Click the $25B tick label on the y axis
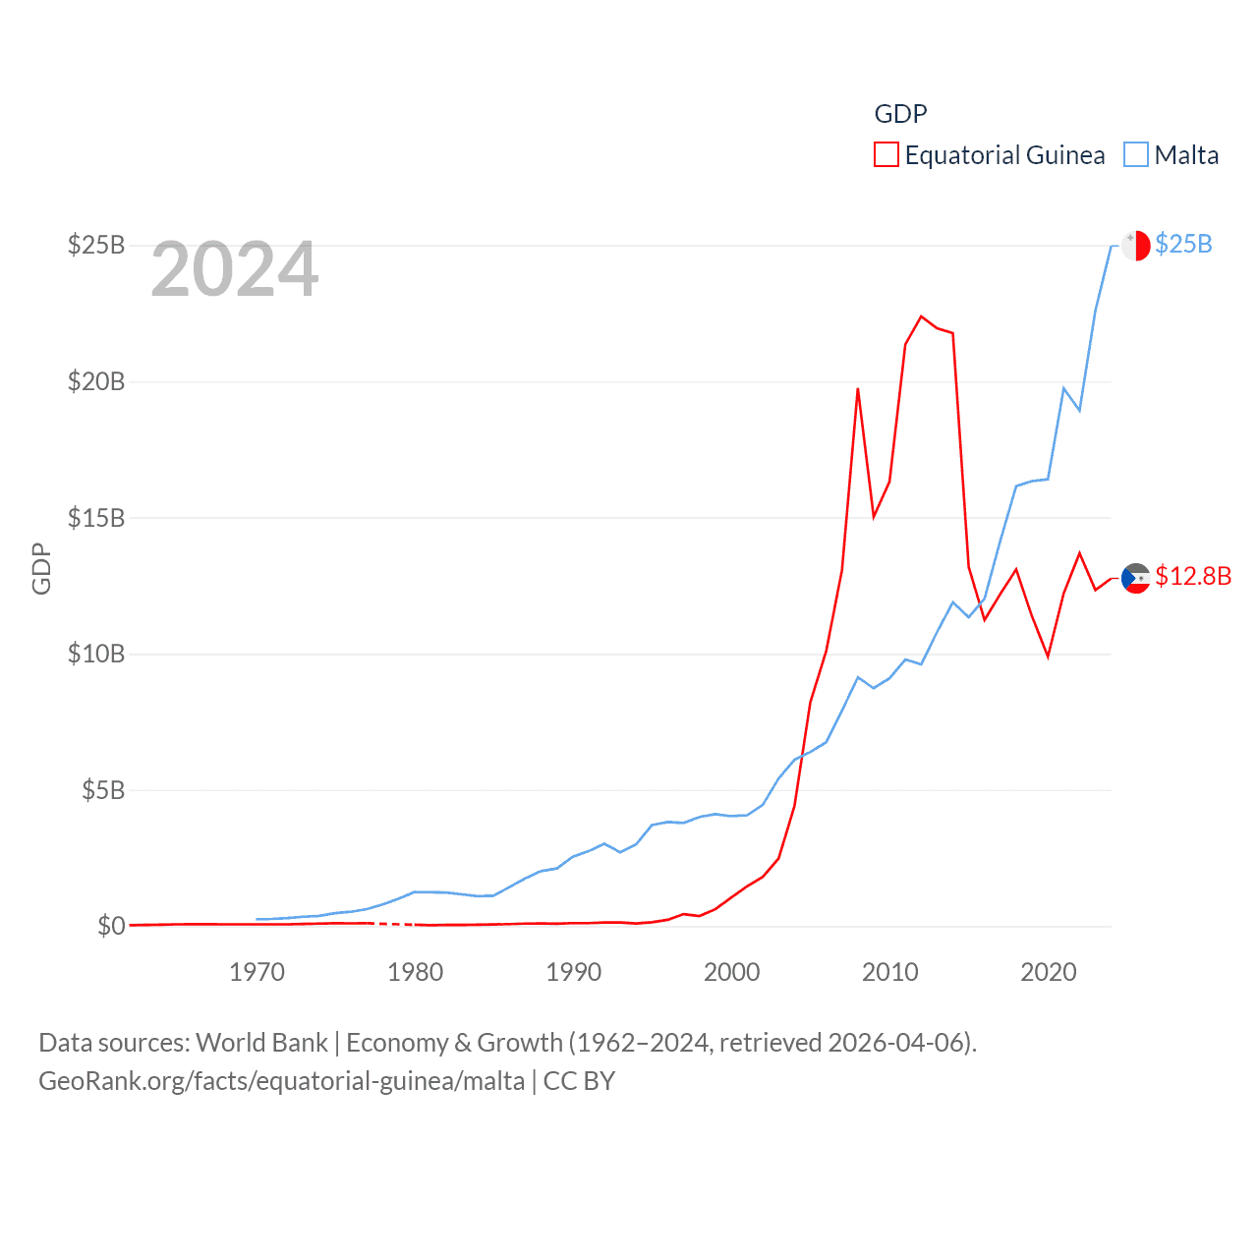coord(95,245)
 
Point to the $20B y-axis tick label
coord(95,381)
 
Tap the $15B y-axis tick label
coord(95,518)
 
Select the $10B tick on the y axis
coord(95,654)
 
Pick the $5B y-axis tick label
coord(103,790)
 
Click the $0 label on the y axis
coord(111,926)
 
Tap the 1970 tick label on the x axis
coord(257,972)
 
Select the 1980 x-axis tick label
coord(415,972)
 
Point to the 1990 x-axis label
coord(573,972)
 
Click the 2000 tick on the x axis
coord(731,972)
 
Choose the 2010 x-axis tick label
coord(889,972)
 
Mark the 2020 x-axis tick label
coord(1049,972)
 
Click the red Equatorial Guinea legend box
coord(886,155)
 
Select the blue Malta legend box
coord(1136,155)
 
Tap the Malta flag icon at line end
coord(1136,245)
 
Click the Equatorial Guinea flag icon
coord(1136,579)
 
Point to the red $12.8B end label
coord(1193,576)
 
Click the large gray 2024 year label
coord(235,269)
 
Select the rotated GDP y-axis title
coord(41,568)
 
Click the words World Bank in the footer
coord(261,1043)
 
